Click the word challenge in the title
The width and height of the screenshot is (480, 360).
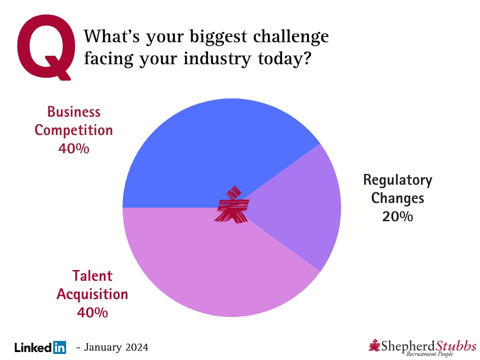coord(291,37)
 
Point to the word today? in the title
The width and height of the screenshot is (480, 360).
coord(285,59)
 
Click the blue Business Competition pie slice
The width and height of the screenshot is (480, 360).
coord(214,153)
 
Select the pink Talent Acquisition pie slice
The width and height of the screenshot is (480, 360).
coord(214,263)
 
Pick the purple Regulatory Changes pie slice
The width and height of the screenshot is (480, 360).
coord(300,208)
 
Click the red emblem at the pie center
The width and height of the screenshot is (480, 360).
coord(232,204)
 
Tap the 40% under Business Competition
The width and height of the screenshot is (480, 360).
coord(74,149)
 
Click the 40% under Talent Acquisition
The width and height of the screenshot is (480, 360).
coord(92,313)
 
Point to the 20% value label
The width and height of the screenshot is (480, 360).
coord(397,217)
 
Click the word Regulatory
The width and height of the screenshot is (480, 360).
coord(397,180)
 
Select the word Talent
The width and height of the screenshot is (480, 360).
coord(92,276)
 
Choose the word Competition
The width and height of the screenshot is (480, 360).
coord(74,131)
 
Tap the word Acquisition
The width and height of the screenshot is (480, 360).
coord(92,294)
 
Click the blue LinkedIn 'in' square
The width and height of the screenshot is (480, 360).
coord(60,347)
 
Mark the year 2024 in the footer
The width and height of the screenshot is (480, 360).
coord(137,347)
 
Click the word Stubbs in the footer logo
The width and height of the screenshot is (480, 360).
coord(456,346)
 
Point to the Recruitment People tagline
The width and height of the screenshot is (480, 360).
coord(430,354)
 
